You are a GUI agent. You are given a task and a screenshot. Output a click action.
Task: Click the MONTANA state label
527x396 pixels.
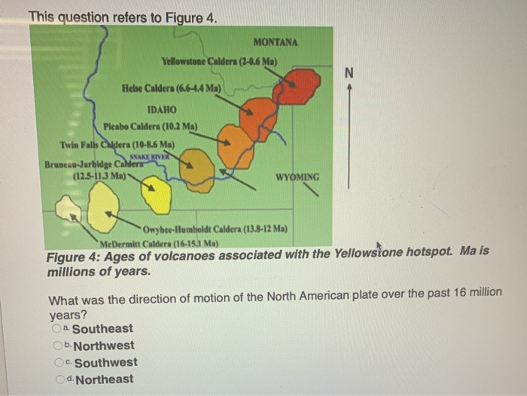click(276, 42)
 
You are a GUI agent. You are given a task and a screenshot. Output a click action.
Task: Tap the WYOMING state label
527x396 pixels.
click(297, 178)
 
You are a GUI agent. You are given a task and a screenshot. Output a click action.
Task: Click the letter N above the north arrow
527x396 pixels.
click(348, 73)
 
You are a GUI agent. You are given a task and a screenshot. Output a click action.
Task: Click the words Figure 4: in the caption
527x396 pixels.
click(72, 255)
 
